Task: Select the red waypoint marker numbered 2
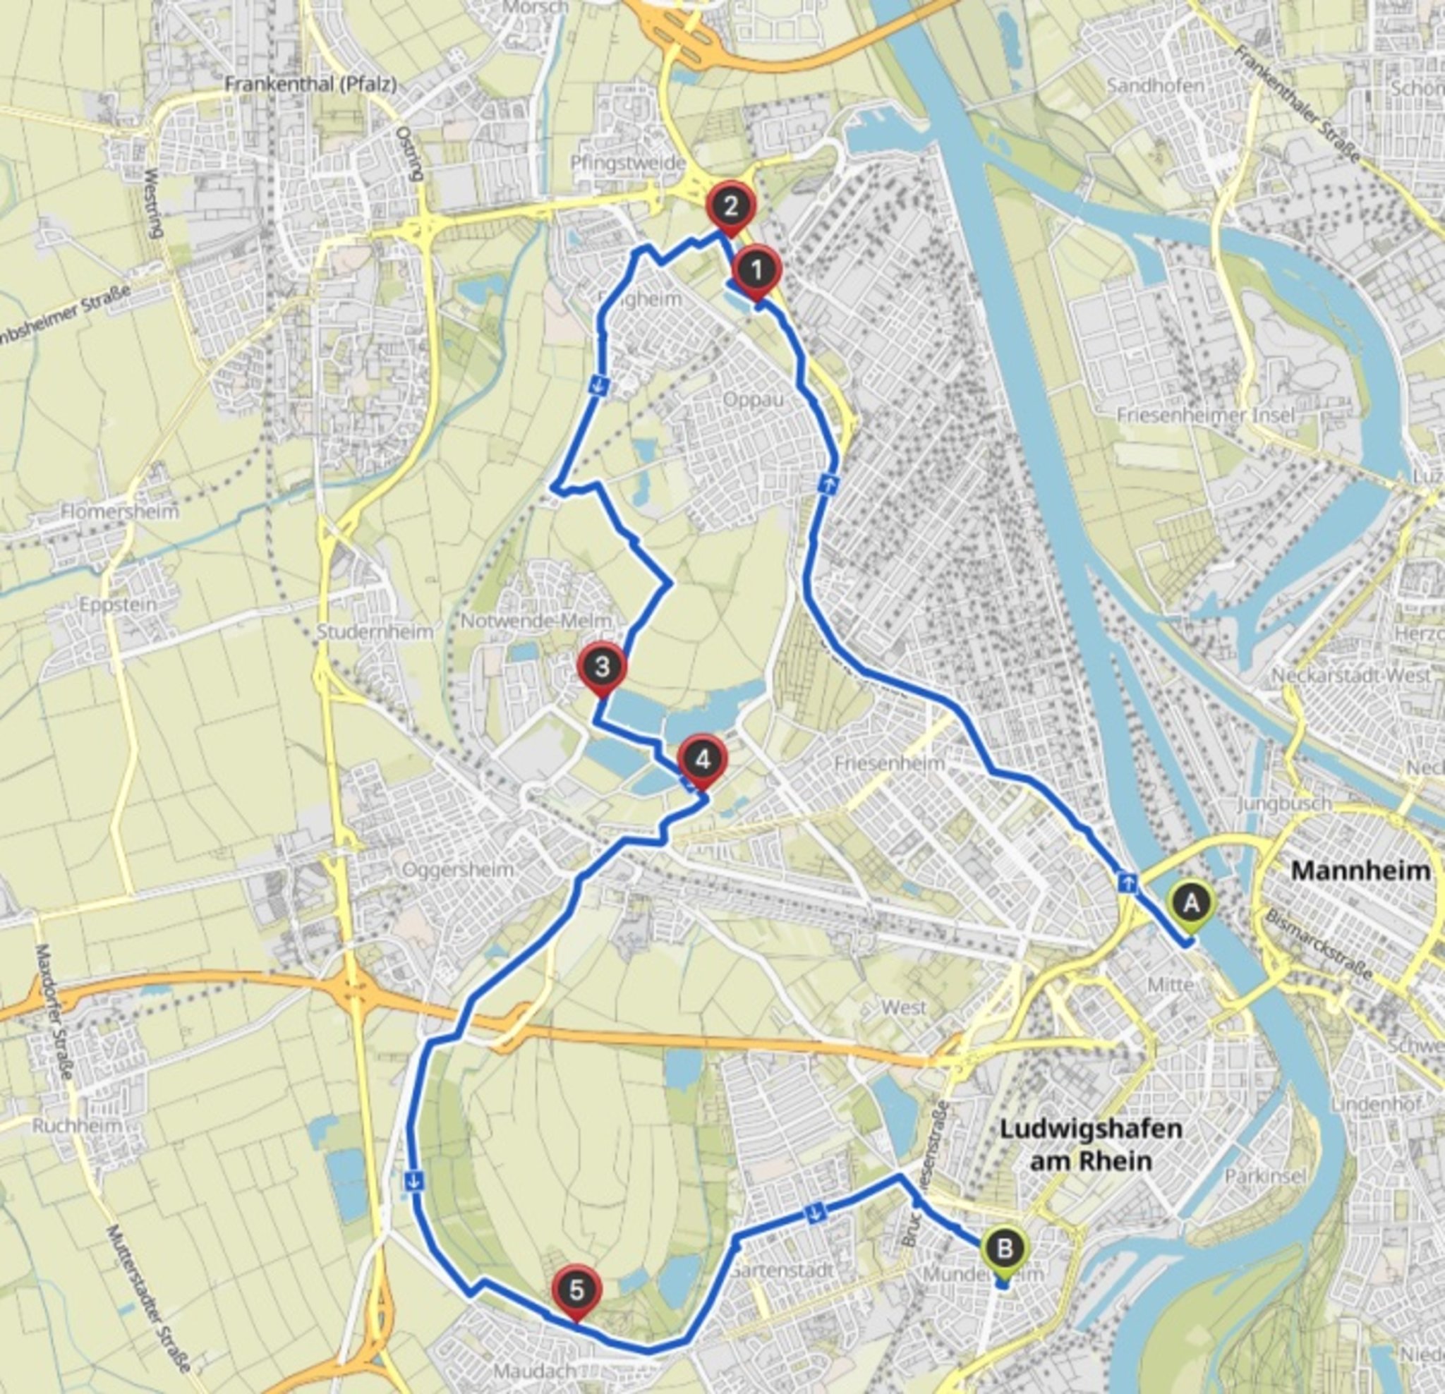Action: tap(730, 207)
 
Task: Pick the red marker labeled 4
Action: tap(703, 760)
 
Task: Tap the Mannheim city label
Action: tap(1360, 871)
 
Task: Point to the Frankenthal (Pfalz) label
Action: tap(310, 85)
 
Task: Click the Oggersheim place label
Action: tap(458, 869)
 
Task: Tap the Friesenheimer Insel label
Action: tap(1205, 415)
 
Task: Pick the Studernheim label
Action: tap(375, 632)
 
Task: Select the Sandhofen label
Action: tap(1155, 86)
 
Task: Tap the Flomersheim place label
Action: tap(119, 511)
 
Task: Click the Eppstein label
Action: tap(118, 605)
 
